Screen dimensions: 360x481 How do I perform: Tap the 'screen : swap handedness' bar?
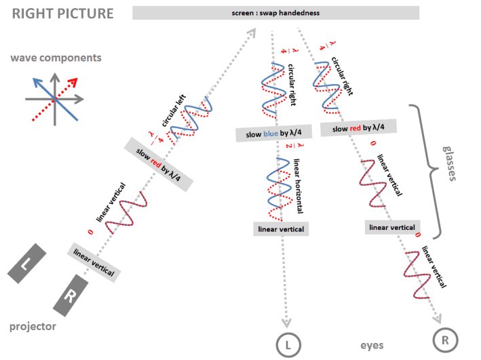[x=275, y=13]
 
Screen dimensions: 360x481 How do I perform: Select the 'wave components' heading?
[x=56, y=58]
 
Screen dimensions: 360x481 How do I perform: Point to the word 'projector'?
[x=33, y=327]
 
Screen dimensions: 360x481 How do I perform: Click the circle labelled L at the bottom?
[x=288, y=344]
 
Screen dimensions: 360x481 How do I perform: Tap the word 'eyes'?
[x=372, y=345]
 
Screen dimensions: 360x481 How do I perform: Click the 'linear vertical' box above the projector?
[x=95, y=262]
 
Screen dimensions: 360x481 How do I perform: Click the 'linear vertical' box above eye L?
[x=281, y=229]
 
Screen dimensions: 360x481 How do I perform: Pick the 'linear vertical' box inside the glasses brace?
[x=392, y=227]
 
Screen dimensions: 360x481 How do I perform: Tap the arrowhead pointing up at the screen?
[x=253, y=31]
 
